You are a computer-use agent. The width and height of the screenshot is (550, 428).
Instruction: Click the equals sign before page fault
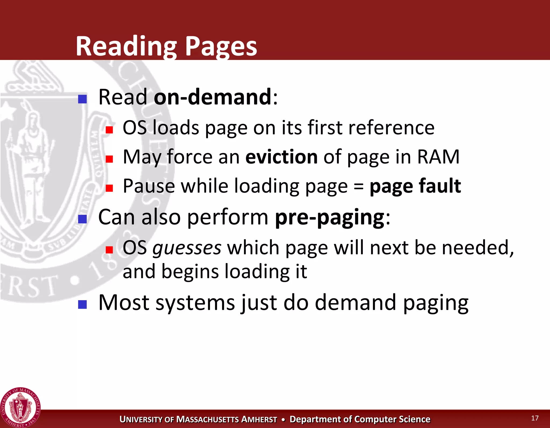(359, 186)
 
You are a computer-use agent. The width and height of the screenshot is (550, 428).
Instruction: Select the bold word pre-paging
(330, 217)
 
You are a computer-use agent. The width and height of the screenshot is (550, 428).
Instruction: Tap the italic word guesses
(187, 248)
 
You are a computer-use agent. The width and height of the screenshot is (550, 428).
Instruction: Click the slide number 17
(535, 418)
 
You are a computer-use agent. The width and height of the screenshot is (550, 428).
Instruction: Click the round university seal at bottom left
(20, 407)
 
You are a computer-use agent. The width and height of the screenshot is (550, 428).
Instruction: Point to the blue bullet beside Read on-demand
(82, 99)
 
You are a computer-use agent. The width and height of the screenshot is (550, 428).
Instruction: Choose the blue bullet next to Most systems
(82, 304)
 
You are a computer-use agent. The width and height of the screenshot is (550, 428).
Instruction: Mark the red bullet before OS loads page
(109, 130)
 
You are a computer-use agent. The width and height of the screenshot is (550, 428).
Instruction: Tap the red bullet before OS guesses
(109, 250)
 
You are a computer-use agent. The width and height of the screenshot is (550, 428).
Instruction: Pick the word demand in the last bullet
(355, 303)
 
